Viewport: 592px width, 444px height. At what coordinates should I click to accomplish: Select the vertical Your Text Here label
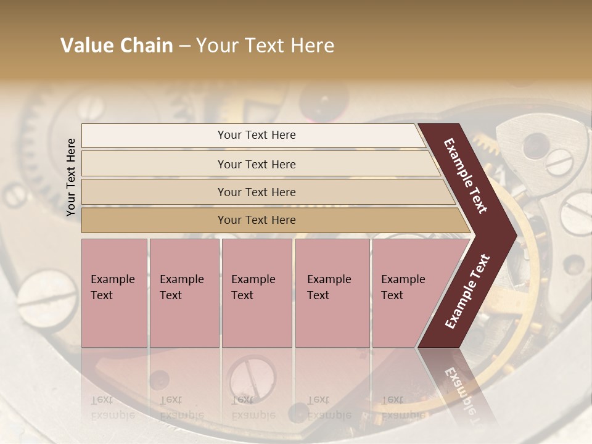71,177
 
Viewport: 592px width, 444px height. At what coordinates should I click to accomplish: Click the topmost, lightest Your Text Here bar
257,135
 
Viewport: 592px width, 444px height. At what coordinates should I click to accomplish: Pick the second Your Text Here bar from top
257,164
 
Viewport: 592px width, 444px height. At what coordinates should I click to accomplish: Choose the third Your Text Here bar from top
257,192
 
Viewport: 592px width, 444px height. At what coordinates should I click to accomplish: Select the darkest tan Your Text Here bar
257,220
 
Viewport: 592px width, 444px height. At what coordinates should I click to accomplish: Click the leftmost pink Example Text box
114,293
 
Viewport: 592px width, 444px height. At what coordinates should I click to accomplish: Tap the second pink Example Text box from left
184,293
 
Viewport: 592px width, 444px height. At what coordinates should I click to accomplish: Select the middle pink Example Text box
257,293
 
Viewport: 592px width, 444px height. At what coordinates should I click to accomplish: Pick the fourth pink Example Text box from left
332,293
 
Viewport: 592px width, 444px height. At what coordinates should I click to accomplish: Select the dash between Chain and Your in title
184,46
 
